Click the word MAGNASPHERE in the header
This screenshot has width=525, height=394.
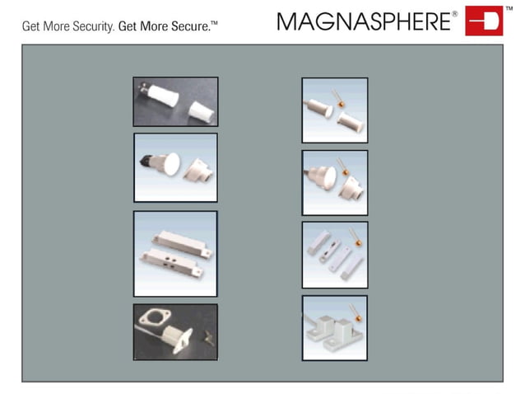(x=365, y=21)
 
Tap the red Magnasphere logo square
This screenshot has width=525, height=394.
(x=483, y=21)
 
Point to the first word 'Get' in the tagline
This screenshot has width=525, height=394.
(x=31, y=26)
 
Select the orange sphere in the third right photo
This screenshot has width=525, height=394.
(x=356, y=243)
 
